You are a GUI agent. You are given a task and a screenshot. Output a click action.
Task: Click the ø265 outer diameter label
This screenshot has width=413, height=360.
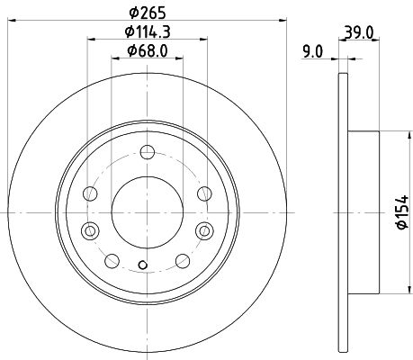[148, 13]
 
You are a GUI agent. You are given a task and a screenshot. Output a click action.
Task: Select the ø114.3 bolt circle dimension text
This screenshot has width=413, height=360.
[148, 31]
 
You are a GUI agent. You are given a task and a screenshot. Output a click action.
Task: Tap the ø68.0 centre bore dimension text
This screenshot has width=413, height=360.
[148, 50]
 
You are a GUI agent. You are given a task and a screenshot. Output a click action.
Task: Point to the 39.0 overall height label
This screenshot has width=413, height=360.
[359, 32]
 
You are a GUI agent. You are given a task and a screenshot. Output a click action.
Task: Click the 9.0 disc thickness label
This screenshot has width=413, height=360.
[312, 51]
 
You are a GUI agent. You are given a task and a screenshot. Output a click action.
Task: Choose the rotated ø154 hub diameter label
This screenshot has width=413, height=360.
[402, 212]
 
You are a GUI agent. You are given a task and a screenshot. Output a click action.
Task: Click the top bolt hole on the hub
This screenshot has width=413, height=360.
[148, 152]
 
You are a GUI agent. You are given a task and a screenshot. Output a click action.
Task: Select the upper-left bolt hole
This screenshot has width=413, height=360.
[90, 193]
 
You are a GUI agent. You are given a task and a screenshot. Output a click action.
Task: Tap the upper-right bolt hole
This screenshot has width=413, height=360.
[204, 193]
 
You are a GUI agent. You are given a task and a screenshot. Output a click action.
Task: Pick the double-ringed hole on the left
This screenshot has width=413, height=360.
[90, 231]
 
